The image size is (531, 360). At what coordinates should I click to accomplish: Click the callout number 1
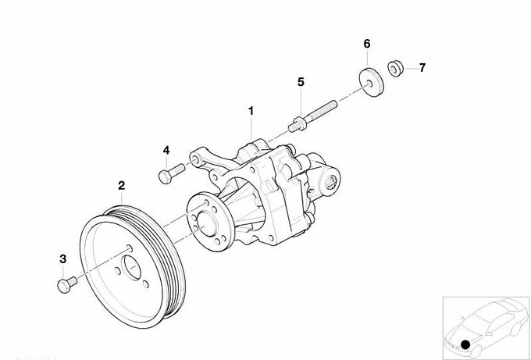251,111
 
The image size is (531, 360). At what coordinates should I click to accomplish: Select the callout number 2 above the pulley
122,185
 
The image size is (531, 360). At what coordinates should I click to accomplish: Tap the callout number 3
63,259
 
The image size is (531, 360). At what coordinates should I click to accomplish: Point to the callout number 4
166,151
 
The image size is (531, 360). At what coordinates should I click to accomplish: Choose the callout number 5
301,82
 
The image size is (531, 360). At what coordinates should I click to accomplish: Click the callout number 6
367,44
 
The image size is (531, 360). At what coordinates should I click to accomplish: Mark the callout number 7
422,68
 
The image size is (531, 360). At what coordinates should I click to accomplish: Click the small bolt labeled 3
67,285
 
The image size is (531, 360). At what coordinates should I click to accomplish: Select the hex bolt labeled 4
171,173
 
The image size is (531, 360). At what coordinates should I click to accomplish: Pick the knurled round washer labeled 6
371,83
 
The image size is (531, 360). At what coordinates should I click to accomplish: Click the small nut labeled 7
395,69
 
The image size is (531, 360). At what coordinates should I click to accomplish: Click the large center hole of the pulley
131,268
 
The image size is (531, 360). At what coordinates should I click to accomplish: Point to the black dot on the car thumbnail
465,344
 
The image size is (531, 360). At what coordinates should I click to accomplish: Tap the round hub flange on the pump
210,222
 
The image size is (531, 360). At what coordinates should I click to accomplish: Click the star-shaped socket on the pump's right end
331,183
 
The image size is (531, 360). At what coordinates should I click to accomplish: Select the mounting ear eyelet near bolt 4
196,159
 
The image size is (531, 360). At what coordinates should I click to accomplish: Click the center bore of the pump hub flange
206,223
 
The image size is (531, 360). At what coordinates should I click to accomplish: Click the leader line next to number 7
411,69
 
